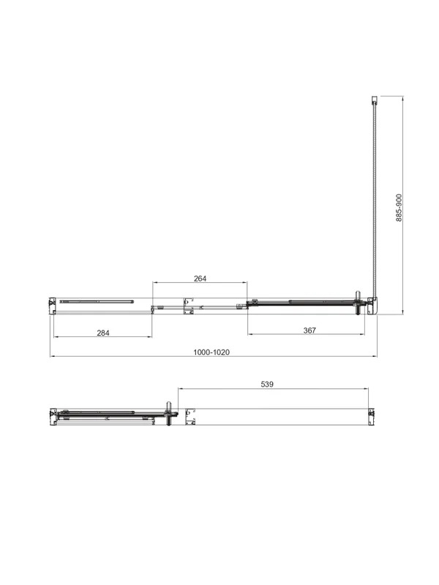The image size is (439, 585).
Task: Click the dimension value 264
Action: [200, 279]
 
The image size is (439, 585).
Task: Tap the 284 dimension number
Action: [103, 333]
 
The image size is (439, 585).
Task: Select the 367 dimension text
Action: [309, 331]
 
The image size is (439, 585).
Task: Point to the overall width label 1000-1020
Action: [211, 352]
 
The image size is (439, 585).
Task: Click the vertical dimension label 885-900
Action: [399, 208]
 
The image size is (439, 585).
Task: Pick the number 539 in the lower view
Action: [267, 384]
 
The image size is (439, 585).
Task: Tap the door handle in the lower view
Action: [169, 414]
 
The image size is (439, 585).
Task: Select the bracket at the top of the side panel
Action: [374, 99]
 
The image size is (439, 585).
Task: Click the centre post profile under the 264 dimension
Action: [189, 306]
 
